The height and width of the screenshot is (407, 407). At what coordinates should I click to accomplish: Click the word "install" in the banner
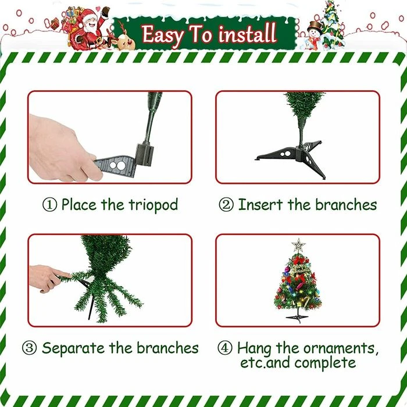[x=247, y=34]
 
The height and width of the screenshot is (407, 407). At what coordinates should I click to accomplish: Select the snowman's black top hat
[x=315, y=25]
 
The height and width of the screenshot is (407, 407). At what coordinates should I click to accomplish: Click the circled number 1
[x=49, y=205]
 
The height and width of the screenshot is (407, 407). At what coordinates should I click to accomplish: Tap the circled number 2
[x=226, y=205]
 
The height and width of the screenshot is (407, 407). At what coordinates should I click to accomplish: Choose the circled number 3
[x=29, y=348]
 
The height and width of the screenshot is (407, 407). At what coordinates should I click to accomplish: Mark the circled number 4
[x=224, y=348]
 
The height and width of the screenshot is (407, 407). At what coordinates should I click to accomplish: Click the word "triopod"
[x=153, y=205]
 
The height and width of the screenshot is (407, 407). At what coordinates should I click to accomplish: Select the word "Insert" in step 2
[x=260, y=205]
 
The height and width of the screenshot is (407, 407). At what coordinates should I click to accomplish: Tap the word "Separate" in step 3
[x=73, y=348]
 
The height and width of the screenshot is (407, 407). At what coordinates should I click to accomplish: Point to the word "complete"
[x=325, y=363]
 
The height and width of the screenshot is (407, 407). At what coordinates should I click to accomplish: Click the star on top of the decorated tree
[x=298, y=245]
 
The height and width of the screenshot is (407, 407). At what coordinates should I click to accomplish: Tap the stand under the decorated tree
[x=298, y=317]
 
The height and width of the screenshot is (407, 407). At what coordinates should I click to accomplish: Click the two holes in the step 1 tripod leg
[x=117, y=165]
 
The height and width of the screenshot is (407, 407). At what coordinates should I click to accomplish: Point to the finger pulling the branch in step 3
[x=62, y=273]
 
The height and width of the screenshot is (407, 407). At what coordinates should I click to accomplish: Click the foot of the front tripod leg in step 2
[x=323, y=177]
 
